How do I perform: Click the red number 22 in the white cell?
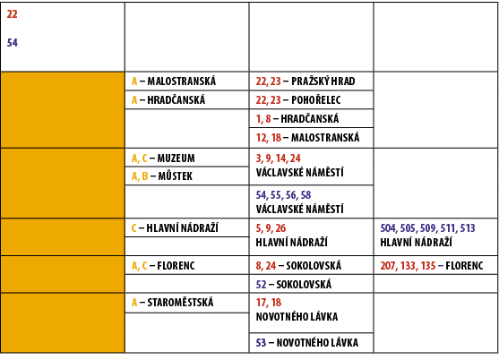12,14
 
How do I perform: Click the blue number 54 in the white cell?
12,43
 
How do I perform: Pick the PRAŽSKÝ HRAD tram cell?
305,81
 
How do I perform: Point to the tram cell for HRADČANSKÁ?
305,118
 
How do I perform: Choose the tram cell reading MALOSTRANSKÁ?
306,137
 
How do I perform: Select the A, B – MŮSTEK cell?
162,176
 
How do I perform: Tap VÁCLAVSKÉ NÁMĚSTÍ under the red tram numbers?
299,172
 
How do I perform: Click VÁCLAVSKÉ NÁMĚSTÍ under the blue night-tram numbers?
299,209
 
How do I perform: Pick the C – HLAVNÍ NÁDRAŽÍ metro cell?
175,227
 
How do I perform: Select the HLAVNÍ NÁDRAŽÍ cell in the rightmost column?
416,242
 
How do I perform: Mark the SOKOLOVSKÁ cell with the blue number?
293,284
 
